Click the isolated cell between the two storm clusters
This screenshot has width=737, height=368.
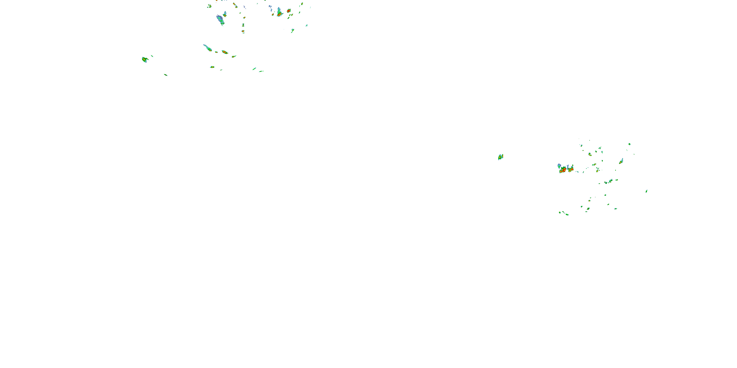tap(500, 157)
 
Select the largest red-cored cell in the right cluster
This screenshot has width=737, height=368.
tap(563, 170)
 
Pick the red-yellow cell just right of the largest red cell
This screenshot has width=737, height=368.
tap(570, 169)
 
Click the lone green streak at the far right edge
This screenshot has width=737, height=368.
tap(646, 191)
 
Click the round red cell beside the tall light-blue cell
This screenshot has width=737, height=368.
tap(289, 11)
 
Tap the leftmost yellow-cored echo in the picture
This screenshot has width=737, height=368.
tap(144, 59)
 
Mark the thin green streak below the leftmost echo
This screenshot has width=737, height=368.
tap(166, 75)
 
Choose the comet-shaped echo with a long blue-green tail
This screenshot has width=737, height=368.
tap(208, 48)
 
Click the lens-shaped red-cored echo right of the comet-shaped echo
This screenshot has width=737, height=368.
tap(225, 52)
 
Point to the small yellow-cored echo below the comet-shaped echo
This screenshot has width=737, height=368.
tap(212, 67)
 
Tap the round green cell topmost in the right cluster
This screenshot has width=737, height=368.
tap(629, 144)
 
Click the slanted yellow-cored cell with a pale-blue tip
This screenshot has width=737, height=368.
tap(621, 161)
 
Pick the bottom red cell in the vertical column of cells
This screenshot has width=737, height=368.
tap(243, 31)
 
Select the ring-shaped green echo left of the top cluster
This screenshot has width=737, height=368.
tap(209, 6)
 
